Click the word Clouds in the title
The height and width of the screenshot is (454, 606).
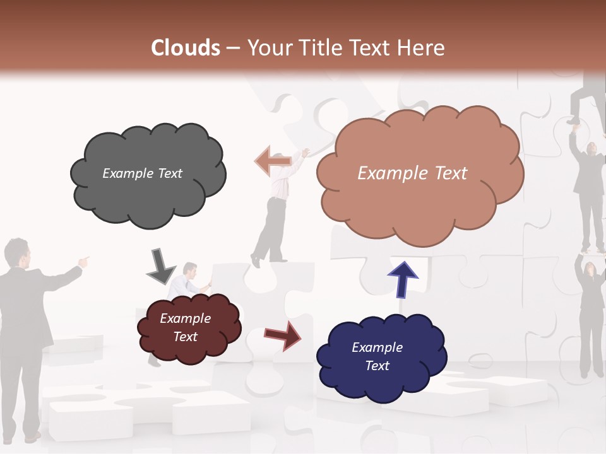(186, 48)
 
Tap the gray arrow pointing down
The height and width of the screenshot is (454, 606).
(160, 266)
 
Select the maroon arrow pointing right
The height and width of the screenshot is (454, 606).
(283, 334)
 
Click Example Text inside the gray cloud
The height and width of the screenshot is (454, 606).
(142, 173)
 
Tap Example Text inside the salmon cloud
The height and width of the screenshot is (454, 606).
(412, 173)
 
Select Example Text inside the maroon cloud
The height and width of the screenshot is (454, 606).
(186, 327)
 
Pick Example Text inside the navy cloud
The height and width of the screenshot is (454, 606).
(377, 356)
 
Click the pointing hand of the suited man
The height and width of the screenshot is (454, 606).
(83, 260)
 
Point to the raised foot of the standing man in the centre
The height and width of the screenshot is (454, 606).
(254, 260)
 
